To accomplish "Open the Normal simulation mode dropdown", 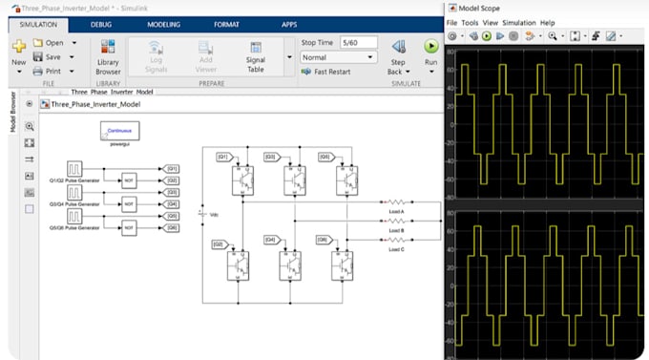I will pos(339,57).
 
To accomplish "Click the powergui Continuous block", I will pos(120,130).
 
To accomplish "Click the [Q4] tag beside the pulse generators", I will pos(172,203).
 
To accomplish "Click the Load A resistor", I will pos(397,202).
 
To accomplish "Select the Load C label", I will pos(397,248).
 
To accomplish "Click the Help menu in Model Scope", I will pos(547,22).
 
